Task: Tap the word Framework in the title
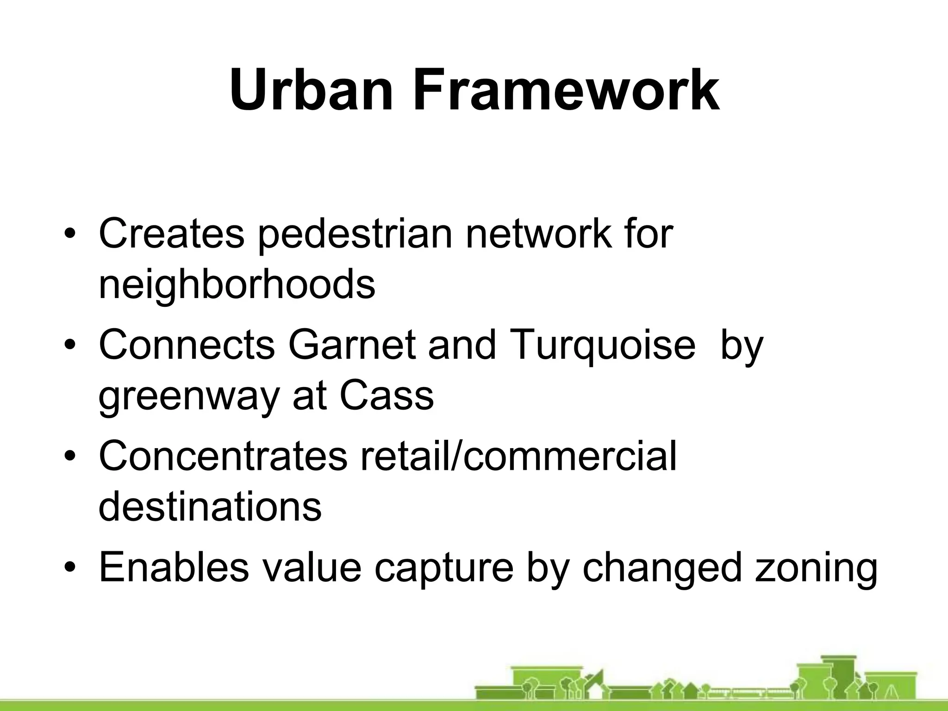click(x=566, y=90)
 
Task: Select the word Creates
click(x=171, y=234)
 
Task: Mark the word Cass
click(x=387, y=396)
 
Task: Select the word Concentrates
click(x=223, y=456)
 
